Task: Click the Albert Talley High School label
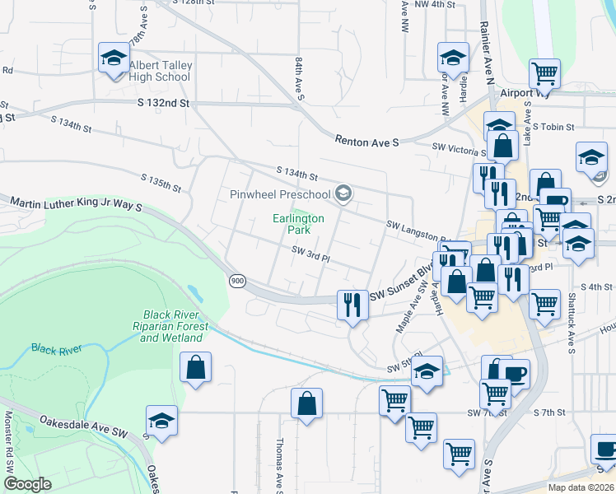coord(160,71)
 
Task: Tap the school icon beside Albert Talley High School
coord(113,58)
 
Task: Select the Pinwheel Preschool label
coord(279,194)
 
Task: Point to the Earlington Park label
coord(299,224)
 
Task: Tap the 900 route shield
coord(237,282)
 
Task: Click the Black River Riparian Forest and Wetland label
coord(173,326)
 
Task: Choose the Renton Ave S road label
coord(367,142)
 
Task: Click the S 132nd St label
coord(163,104)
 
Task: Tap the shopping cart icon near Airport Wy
coord(544,74)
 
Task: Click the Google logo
coord(28,484)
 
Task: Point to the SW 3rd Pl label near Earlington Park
coord(310,258)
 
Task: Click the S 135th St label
coord(161,182)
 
